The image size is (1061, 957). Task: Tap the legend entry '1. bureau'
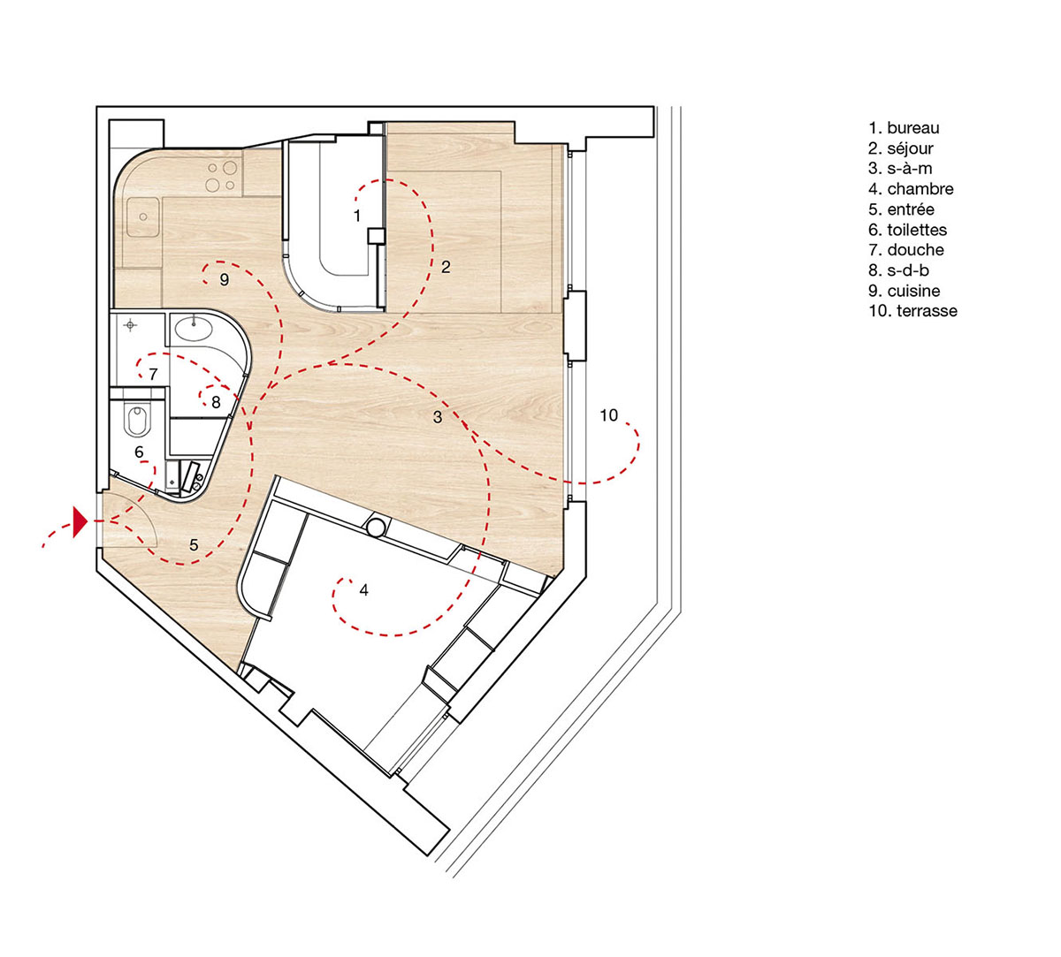904,128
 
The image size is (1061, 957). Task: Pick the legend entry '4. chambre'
911,189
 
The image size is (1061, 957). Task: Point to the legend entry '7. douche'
905,250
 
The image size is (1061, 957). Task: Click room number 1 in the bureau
356,215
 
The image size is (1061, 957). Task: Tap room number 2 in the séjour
446,266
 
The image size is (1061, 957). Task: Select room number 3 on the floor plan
438,417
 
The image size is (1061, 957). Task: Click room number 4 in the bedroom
363,590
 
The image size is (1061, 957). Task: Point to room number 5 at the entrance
194,545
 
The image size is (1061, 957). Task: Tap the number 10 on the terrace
608,415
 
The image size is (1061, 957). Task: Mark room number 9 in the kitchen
225,279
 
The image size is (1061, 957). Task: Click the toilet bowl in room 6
137,420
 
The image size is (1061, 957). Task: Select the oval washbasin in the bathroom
192,330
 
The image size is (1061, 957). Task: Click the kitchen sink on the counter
141,217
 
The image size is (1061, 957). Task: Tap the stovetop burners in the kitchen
221,176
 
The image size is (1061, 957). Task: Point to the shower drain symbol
131,326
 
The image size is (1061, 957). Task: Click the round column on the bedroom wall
376,528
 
